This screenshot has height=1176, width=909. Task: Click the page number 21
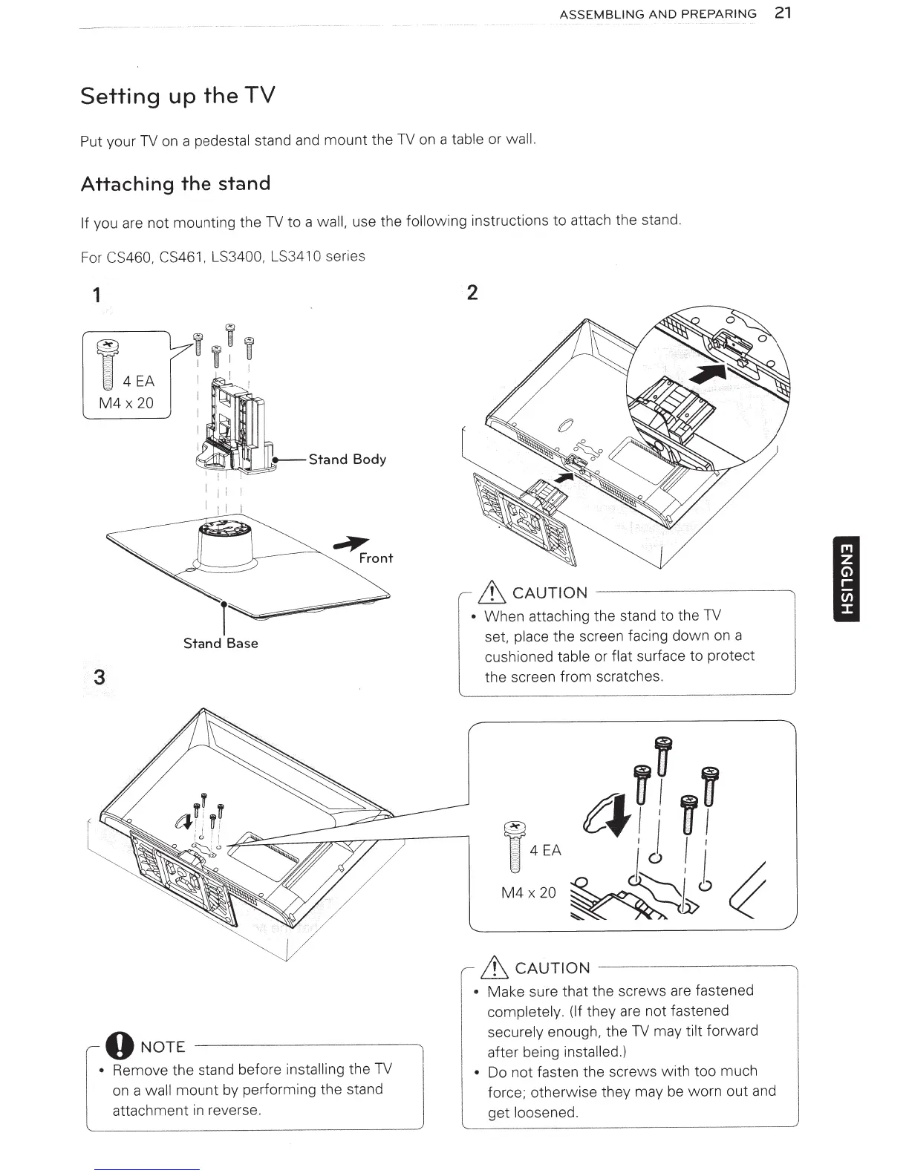click(x=782, y=13)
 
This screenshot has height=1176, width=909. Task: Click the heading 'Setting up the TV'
click(x=177, y=97)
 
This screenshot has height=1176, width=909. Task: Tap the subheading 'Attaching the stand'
click(x=175, y=184)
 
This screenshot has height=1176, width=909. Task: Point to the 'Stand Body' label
click(x=347, y=460)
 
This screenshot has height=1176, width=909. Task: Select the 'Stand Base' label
click(x=221, y=644)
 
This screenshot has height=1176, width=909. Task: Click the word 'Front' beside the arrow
click(x=376, y=558)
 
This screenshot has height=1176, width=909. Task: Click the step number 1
click(x=97, y=295)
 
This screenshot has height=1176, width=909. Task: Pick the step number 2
click(x=472, y=293)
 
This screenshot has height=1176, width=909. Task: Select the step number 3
click(x=100, y=677)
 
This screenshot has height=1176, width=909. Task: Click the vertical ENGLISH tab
click(x=846, y=578)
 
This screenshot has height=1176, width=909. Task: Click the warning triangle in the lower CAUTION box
click(x=495, y=967)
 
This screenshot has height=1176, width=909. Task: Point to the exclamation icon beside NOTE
click(x=120, y=1047)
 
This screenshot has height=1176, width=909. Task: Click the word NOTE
click(x=163, y=1048)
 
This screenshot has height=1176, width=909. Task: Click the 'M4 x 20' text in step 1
click(x=126, y=403)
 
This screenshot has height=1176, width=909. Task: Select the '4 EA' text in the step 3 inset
click(x=546, y=850)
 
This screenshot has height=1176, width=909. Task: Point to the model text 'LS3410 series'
click(x=318, y=257)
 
